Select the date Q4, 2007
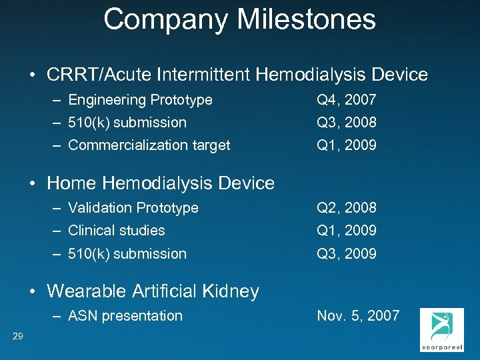pos(347,100)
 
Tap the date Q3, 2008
pos(347,123)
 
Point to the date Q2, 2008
pos(347,208)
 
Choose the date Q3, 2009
pos(347,254)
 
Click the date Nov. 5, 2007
pos(358,316)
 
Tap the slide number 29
pos(18,336)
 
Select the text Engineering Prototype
pos(140,100)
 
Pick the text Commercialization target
pos(149,145)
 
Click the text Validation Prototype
pos(133,208)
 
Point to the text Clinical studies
pos(117,231)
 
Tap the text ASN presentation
pos(125,316)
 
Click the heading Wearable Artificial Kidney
pos(153,291)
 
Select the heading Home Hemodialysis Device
pos(161,183)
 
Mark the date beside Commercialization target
pos(347,145)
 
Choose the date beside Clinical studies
pos(347,231)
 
